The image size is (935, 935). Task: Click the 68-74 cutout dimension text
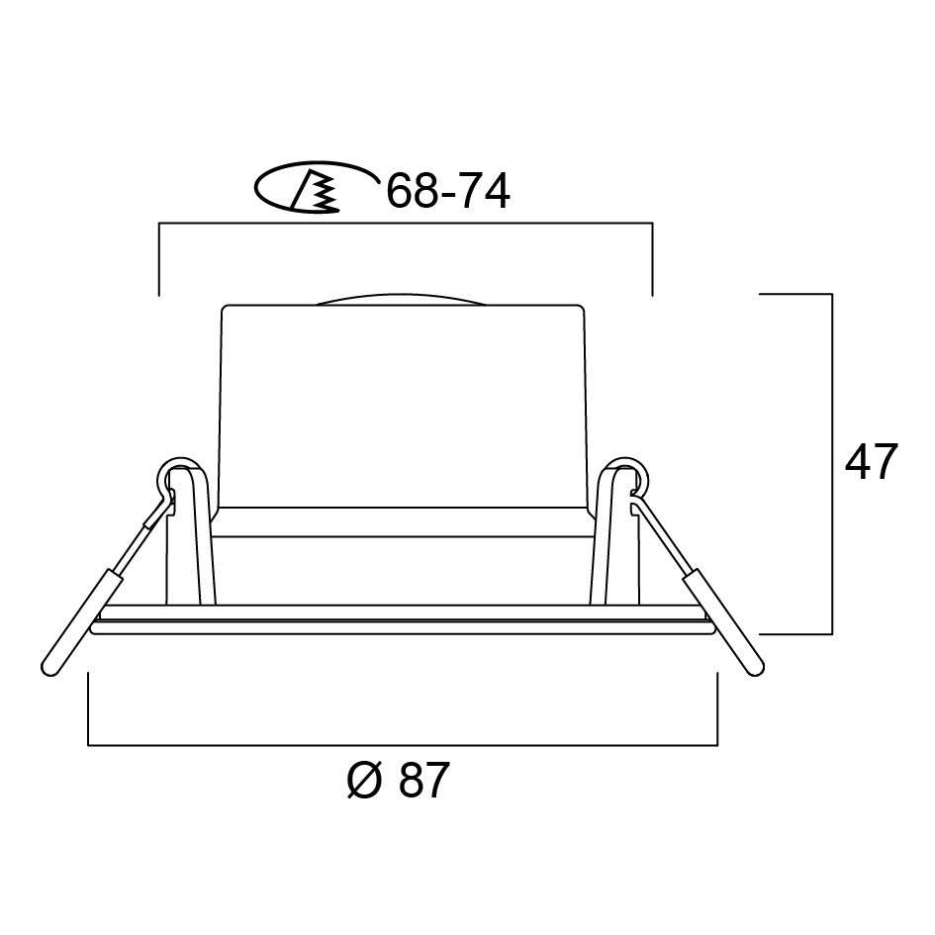448,191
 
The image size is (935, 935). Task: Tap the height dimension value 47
872,462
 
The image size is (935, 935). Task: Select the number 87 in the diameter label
422,780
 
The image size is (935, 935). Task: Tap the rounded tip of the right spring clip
755,669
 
